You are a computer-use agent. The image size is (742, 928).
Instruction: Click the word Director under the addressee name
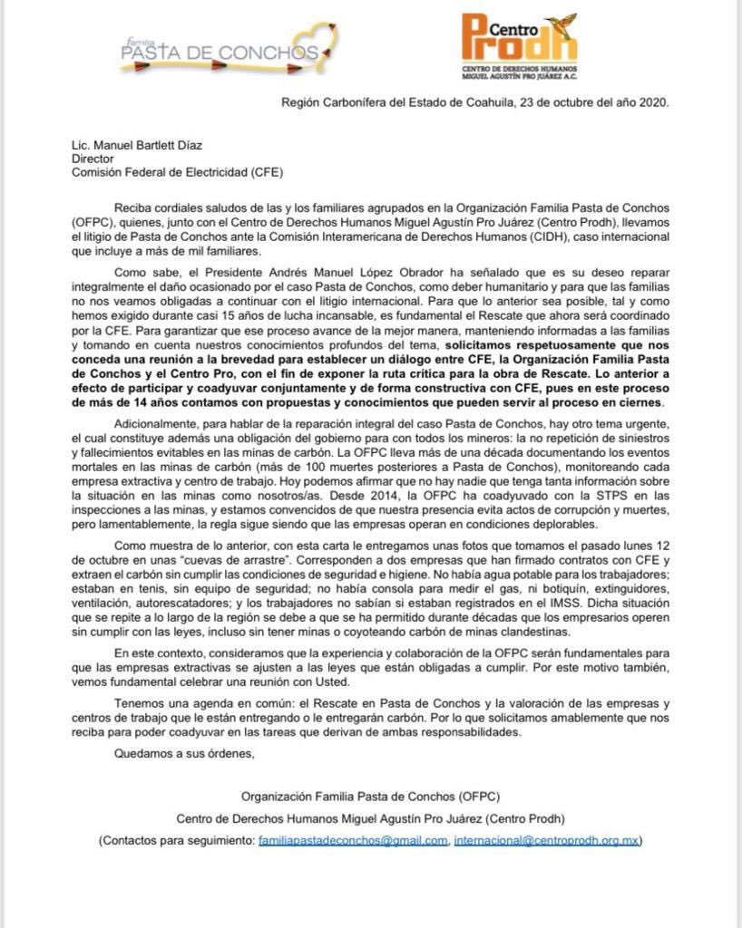click(x=93, y=157)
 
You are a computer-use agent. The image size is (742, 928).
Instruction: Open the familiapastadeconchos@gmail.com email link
click(x=353, y=841)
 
